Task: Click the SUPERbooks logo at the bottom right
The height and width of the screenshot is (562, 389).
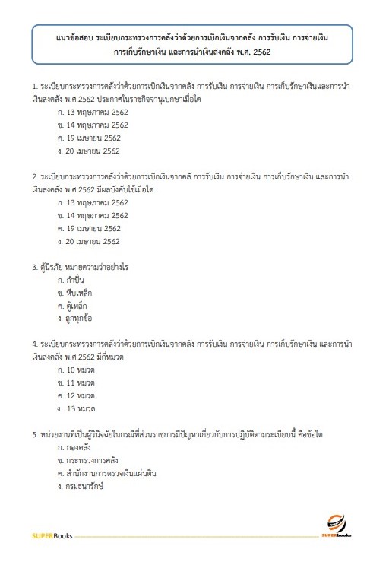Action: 336,526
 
